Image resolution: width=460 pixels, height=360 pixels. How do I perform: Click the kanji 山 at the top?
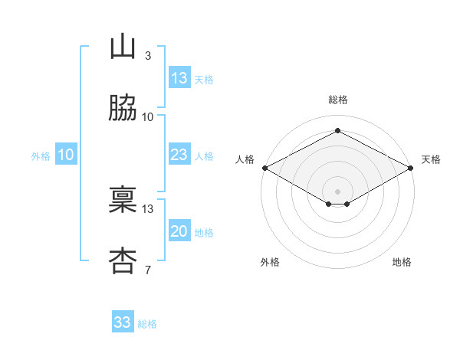point(123,46)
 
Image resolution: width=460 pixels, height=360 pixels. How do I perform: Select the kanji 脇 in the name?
point(123,107)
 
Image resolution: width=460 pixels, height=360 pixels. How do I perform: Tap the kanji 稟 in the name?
point(123,199)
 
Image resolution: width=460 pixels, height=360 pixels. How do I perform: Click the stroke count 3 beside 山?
point(148,56)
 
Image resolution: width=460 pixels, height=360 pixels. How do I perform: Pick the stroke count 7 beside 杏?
point(148,270)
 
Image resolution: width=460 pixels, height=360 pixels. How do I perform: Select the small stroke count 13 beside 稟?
point(147,209)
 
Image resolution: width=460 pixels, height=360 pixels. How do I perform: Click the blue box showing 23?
point(179,154)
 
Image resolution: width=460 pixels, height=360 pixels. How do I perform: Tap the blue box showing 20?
point(179,230)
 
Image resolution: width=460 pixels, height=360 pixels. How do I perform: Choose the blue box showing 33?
point(123,321)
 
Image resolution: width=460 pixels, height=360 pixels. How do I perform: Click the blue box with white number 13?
point(179,77)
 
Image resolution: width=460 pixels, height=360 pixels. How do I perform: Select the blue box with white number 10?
point(66,154)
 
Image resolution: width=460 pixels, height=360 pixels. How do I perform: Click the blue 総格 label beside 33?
point(147,324)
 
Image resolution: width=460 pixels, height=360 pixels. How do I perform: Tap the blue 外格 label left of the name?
point(41,156)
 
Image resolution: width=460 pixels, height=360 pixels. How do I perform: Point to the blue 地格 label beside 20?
point(204,233)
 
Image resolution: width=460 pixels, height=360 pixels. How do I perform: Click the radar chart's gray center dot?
point(337,191)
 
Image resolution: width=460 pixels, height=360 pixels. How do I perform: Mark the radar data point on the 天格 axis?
point(411,168)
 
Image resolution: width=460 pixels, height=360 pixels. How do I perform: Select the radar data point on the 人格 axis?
point(265,168)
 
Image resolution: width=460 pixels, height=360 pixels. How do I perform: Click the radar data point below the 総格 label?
point(337,130)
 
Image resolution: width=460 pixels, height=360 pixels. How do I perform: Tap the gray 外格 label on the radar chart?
point(270,262)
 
